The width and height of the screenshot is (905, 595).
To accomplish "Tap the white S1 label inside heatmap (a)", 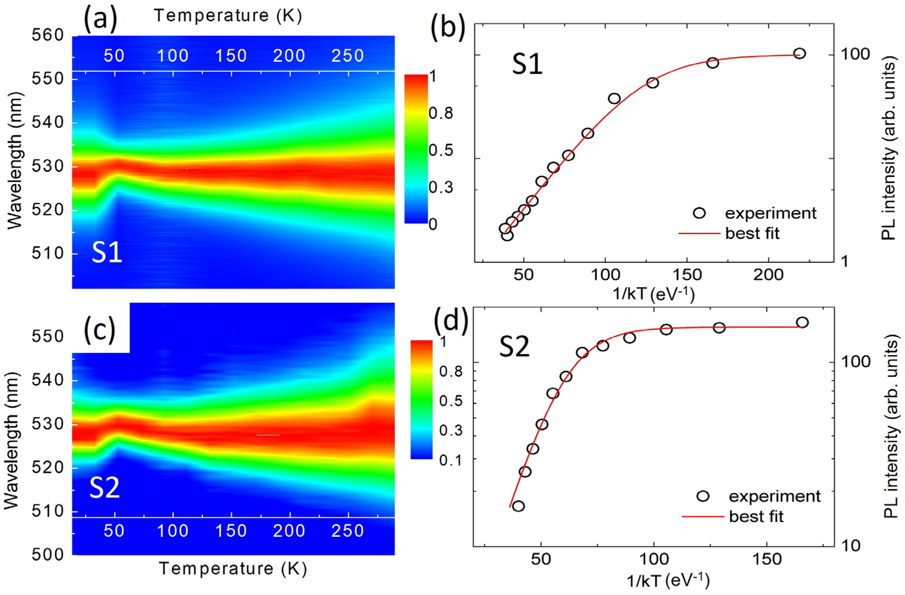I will pos(107,253).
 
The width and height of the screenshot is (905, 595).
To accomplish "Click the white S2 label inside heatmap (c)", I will pos(105,489).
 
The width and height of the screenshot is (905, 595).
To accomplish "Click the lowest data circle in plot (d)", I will pos(518,506).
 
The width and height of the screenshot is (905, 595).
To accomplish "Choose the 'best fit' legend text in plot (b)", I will pos(752,233).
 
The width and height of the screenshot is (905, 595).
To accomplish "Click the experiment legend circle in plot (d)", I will pos(703,496).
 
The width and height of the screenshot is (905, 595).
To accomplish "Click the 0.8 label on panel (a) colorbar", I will pos(441,113).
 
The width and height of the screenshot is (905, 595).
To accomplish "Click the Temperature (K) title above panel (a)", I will pos(228,16).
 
